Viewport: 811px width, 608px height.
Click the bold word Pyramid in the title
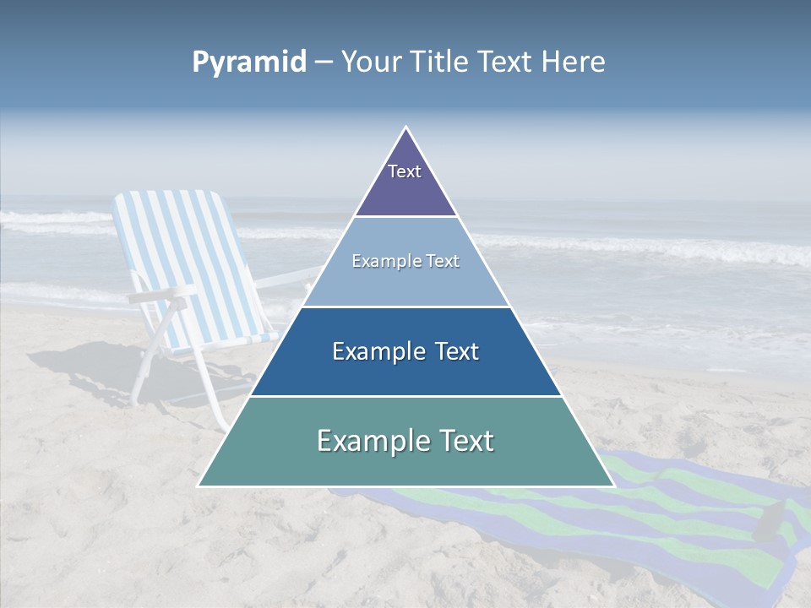tap(249, 62)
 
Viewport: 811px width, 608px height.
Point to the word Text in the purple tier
tap(405, 171)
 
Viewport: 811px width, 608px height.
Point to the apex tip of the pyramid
tap(406, 128)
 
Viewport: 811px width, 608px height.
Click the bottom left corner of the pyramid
tap(199, 486)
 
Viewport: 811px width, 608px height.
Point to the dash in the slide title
tap(324, 62)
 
